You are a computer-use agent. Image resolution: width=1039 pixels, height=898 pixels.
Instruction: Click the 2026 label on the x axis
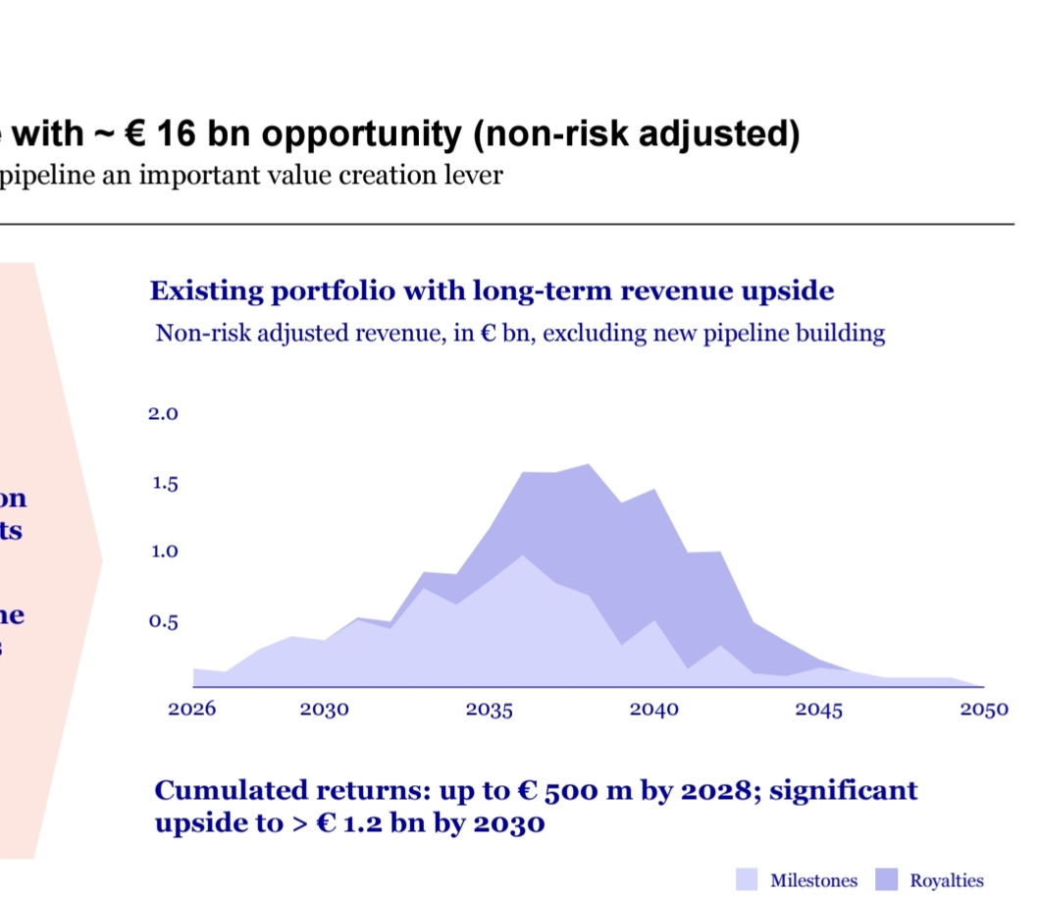click(191, 710)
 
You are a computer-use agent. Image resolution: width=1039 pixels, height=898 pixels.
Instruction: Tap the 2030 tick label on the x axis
click(325, 710)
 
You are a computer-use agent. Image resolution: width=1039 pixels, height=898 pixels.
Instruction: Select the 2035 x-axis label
click(490, 710)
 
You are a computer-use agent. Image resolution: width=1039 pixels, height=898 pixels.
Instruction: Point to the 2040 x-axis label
click(654, 710)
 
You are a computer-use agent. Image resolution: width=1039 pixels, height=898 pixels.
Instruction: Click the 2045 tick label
click(819, 710)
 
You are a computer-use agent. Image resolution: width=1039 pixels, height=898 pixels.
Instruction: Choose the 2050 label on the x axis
click(984, 710)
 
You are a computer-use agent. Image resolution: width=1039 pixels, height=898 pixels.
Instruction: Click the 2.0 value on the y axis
click(163, 414)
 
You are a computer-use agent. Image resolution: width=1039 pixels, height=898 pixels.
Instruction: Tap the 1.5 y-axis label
click(163, 484)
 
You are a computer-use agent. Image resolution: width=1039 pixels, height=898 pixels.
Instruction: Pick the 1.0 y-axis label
click(163, 552)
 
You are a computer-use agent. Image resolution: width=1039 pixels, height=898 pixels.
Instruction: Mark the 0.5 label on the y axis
click(163, 621)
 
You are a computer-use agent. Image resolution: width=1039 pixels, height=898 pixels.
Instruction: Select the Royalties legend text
click(946, 881)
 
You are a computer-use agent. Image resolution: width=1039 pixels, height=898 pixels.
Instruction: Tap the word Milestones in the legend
click(813, 881)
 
